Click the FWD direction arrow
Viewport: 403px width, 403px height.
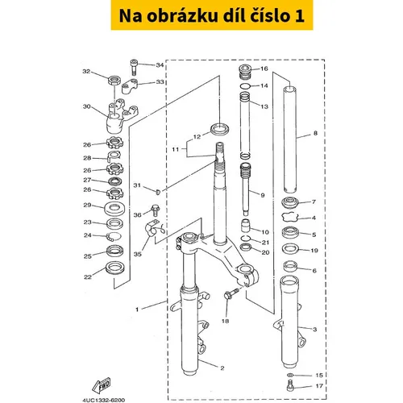[x=102, y=385]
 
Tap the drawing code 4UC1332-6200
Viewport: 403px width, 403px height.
[x=104, y=400]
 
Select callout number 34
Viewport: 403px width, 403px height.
[x=160, y=65]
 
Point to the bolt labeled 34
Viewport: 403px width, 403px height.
[x=134, y=67]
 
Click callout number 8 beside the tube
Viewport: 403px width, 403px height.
[x=315, y=133]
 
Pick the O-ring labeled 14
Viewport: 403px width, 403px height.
[x=245, y=86]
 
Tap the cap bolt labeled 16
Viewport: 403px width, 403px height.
[x=245, y=72]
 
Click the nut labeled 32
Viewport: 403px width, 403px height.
[x=114, y=81]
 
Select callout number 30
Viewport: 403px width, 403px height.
[x=87, y=106]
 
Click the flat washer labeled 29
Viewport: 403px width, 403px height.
[x=114, y=209]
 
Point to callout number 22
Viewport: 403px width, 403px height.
[x=88, y=277]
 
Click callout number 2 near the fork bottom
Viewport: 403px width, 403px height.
[x=222, y=368]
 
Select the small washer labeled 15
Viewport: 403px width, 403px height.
[x=290, y=375]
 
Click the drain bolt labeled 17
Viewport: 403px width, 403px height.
[x=289, y=385]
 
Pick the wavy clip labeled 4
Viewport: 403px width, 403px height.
[x=290, y=218]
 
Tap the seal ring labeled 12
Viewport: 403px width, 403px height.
[x=220, y=128]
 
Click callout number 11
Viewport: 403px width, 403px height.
[x=175, y=149]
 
